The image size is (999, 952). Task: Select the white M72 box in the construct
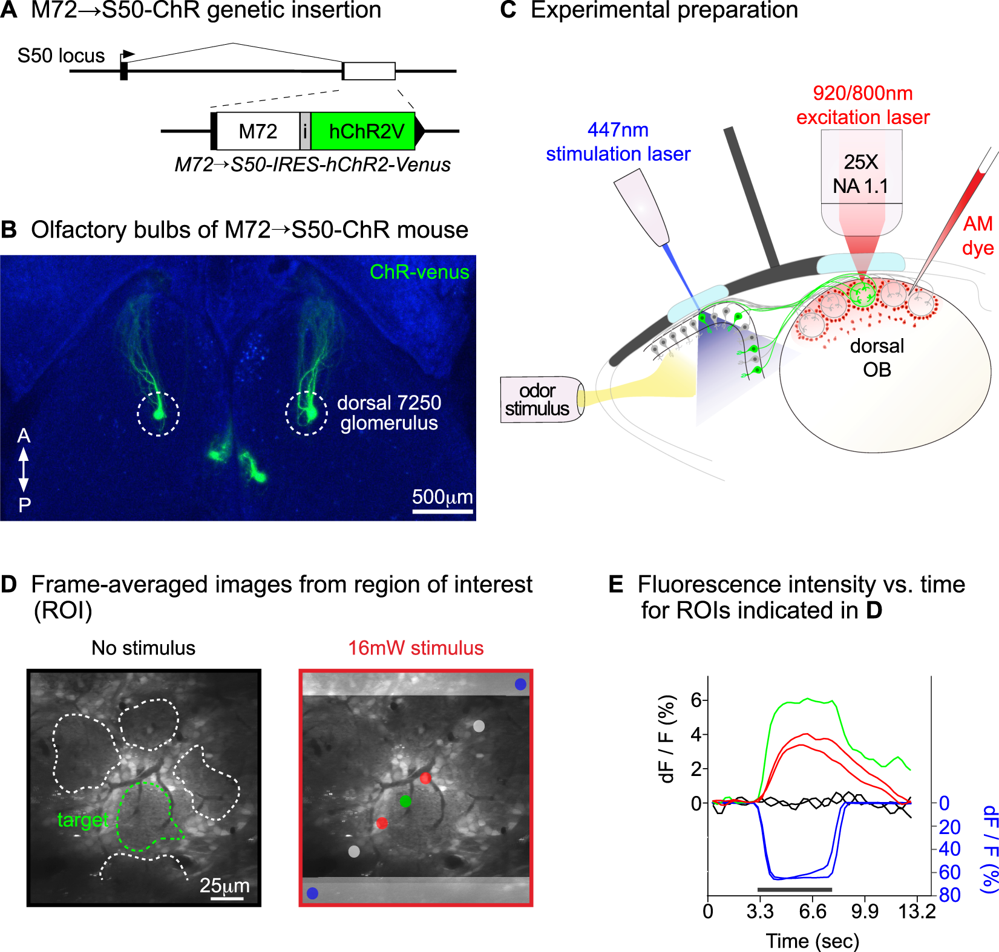pyautogui.click(x=258, y=131)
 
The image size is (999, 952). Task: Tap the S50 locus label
pyautogui.click(x=61, y=56)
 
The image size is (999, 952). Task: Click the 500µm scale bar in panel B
pyautogui.click(x=442, y=511)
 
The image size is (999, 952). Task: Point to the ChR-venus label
pyautogui.click(x=419, y=272)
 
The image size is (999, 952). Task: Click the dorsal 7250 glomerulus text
pyautogui.click(x=388, y=412)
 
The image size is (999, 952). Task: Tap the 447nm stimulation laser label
pyautogui.click(x=618, y=142)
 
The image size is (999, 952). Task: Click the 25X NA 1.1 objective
pyautogui.click(x=861, y=174)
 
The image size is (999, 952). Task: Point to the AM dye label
pyautogui.click(x=978, y=235)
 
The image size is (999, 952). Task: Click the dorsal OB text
pyautogui.click(x=877, y=357)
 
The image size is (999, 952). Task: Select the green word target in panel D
pyautogui.click(x=82, y=820)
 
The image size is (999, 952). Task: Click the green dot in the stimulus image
pyautogui.click(x=405, y=801)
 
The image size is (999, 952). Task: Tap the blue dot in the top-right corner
pyautogui.click(x=520, y=684)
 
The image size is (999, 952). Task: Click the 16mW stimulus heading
pyautogui.click(x=416, y=648)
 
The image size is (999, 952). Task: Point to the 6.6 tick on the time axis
pyautogui.click(x=812, y=911)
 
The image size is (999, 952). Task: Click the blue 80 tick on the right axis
pyautogui.click(x=950, y=895)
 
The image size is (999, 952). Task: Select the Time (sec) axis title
pyautogui.click(x=812, y=941)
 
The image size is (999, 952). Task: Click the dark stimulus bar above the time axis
pyautogui.click(x=794, y=890)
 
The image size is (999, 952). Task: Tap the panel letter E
pyautogui.click(x=615, y=584)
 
